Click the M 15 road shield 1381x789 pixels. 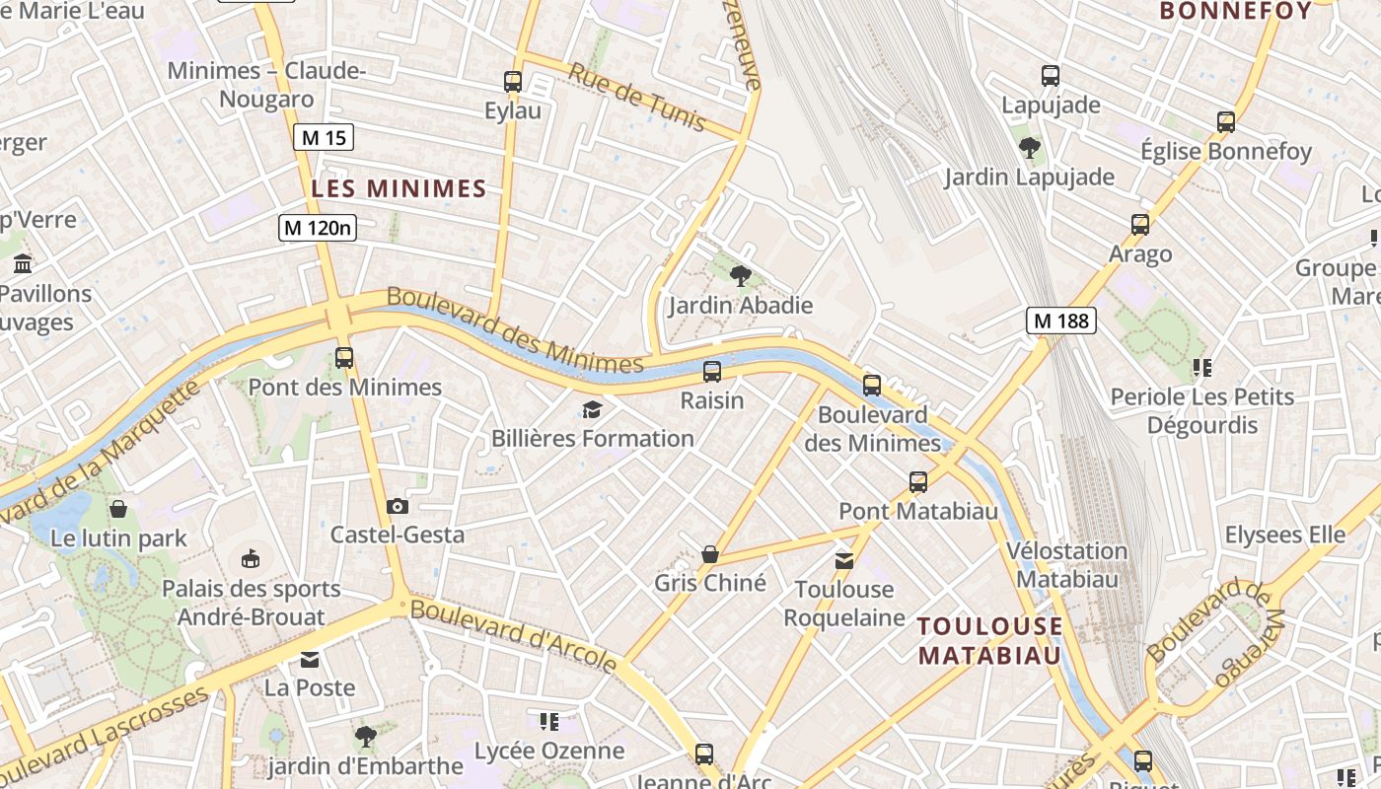click(323, 137)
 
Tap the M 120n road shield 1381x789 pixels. click(317, 228)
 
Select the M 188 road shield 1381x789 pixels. click(1061, 320)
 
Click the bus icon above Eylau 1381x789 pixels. click(513, 81)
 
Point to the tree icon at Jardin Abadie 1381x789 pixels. click(740, 275)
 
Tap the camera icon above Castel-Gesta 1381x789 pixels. click(398, 506)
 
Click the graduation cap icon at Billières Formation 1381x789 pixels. click(592, 408)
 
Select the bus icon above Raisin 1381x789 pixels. click(712, 372)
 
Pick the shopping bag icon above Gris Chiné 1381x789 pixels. click(709, 554)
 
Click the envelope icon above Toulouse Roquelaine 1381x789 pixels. click(844, 561)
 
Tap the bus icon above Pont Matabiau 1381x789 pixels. click(918, 482)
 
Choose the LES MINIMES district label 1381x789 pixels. click(400, 188)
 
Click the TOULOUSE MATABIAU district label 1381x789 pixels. click(990, 640)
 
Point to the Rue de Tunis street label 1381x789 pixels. click(637, 97)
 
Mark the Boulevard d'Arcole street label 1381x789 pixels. click(513, 635)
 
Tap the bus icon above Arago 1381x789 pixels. click(1140, 225)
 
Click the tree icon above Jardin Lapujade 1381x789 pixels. click(1030, 148)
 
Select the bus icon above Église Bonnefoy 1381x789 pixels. click(1226, 122)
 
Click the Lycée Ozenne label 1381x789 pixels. click(549, 751)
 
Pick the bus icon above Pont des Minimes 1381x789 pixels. click(344, 358)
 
